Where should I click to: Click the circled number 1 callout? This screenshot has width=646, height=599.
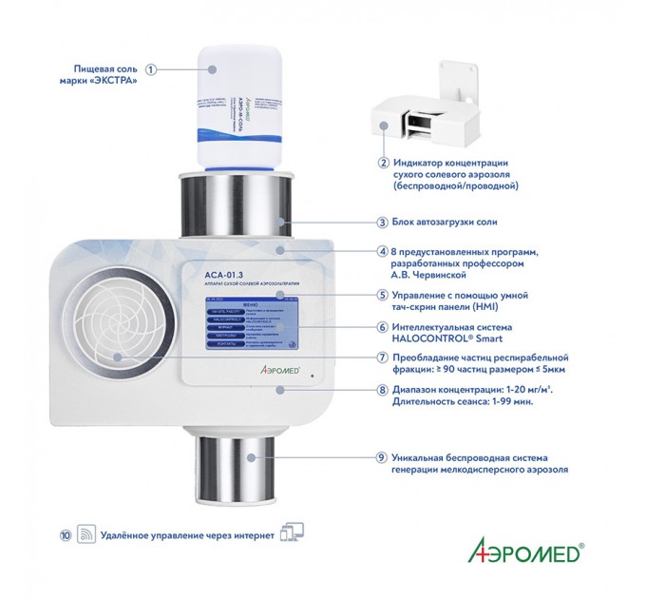click(151, 68)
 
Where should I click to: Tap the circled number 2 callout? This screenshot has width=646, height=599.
click(383, 163)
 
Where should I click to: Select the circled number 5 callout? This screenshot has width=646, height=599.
click(383, 296)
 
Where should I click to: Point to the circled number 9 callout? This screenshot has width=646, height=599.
click(383, 457)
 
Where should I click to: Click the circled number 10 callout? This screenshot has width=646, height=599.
click(65, 534)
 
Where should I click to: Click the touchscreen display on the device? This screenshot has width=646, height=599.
click(250, 325)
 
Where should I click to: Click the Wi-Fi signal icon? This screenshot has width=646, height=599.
click(85, 534)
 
